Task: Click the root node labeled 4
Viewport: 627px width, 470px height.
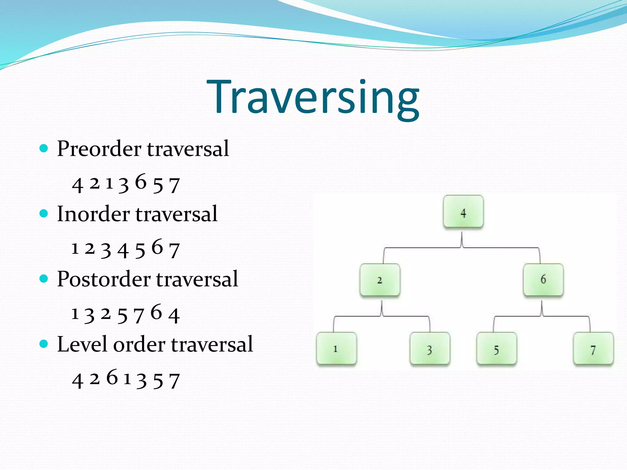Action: pos(463,212)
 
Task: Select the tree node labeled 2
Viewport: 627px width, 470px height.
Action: pos(380,280)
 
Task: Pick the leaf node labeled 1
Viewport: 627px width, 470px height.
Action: pos(336,349)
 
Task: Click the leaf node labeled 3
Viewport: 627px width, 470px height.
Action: pos(430,349)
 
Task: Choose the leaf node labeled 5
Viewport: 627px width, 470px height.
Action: pos(497,349)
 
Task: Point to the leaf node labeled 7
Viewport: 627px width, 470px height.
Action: pos(593,349)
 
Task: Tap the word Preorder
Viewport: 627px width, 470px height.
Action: pos(99,149)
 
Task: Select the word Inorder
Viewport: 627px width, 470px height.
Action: pos(93,214)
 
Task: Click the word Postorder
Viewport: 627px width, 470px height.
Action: pos(103,279)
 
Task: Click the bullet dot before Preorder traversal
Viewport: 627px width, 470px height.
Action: pos(44,149)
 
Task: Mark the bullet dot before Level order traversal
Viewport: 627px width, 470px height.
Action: pos(44,344)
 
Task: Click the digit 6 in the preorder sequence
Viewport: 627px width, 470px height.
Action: pos(141,182)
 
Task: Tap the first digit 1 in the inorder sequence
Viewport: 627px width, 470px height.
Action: pos(75,248)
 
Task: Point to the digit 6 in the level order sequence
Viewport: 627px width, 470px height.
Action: pos(112,377)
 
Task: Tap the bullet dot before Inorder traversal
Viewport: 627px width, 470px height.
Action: pos(44,214)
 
